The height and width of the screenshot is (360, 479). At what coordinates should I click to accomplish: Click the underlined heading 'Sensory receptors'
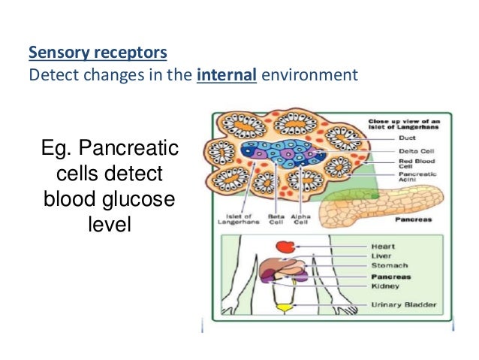(98, 54)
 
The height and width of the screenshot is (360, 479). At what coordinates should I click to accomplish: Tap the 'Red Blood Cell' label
(388, 164)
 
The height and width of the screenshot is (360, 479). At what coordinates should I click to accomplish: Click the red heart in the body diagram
(284, 247)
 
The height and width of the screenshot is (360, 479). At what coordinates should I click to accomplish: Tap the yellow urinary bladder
(284, 307)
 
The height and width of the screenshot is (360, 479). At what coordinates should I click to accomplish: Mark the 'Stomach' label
(389, 266)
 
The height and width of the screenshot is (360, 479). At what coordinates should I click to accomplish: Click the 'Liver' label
(381, 256)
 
